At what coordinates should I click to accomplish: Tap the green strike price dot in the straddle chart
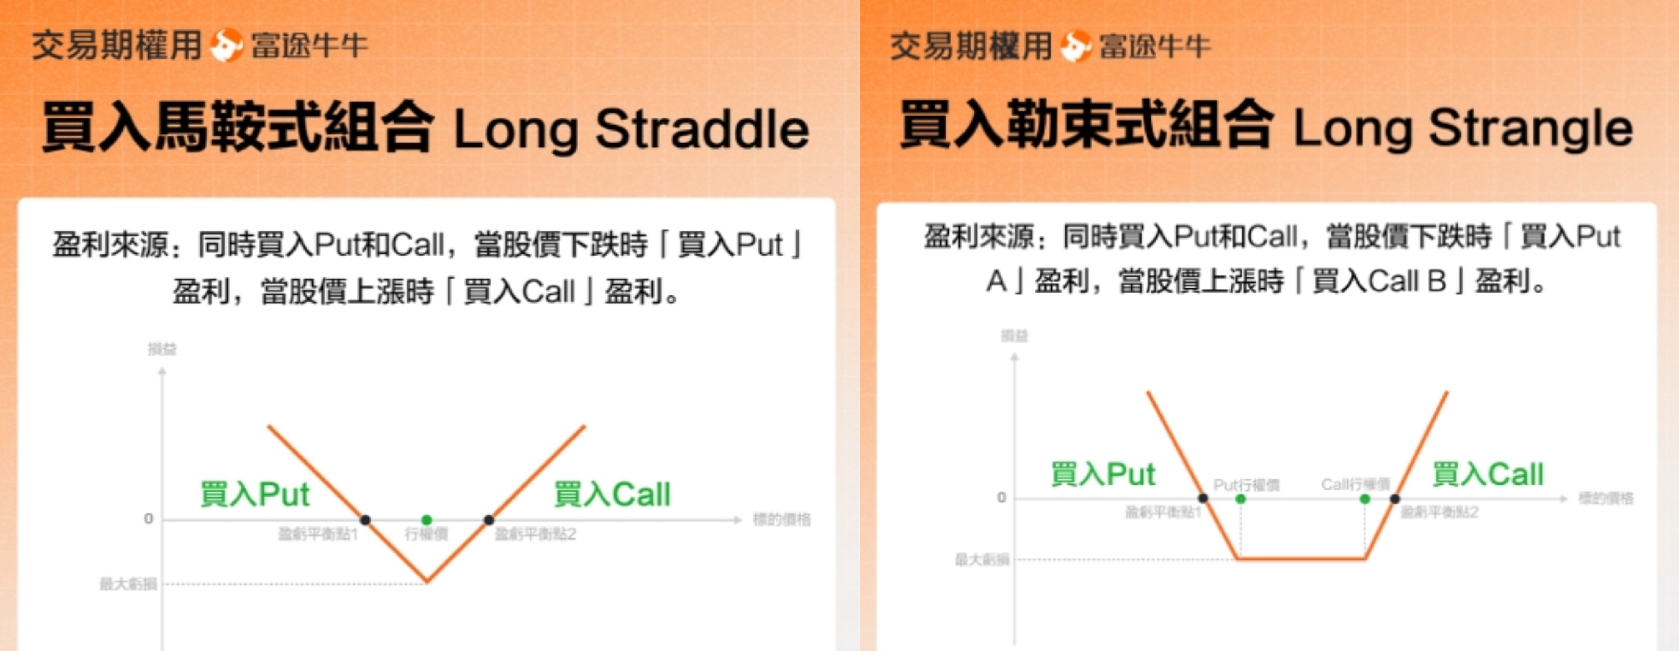(x=427, y=519)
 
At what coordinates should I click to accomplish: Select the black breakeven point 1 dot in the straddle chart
(x=366, y=519)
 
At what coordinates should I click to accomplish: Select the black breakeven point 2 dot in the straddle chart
(x=489, y=519)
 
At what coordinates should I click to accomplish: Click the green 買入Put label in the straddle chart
(x=255, y=494)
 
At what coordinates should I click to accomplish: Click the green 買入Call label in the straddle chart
(x=612, y=494)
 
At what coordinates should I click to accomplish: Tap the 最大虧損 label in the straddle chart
(x=128, y=584)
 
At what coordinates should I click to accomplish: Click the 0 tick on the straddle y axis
(x=149, y=519)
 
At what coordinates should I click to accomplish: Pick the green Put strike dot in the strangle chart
(x=1240, y=499)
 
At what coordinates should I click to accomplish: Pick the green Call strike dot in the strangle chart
(x=1365, y=499)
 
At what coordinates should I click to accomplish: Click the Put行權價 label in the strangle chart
(x=1246, y=485)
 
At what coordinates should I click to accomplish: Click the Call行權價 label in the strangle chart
(x=1356, y=484)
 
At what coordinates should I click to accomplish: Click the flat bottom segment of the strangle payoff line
(x=1301, y=558)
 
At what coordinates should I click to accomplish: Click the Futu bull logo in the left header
(x=226, y=45)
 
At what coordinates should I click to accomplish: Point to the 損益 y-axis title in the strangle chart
(x=1014, y=336)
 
